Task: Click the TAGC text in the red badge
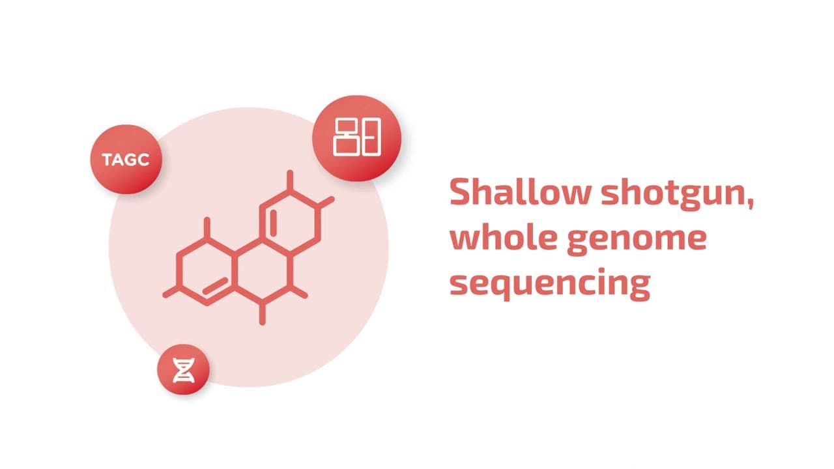(x=125, y=160)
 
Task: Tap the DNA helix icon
(x=184, y=369)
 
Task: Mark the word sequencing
(x=550, y=285)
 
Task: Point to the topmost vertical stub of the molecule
(x=290, y=180)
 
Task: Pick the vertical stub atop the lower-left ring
(x=207, y=227)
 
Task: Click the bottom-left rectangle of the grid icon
(x=346, y=144)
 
